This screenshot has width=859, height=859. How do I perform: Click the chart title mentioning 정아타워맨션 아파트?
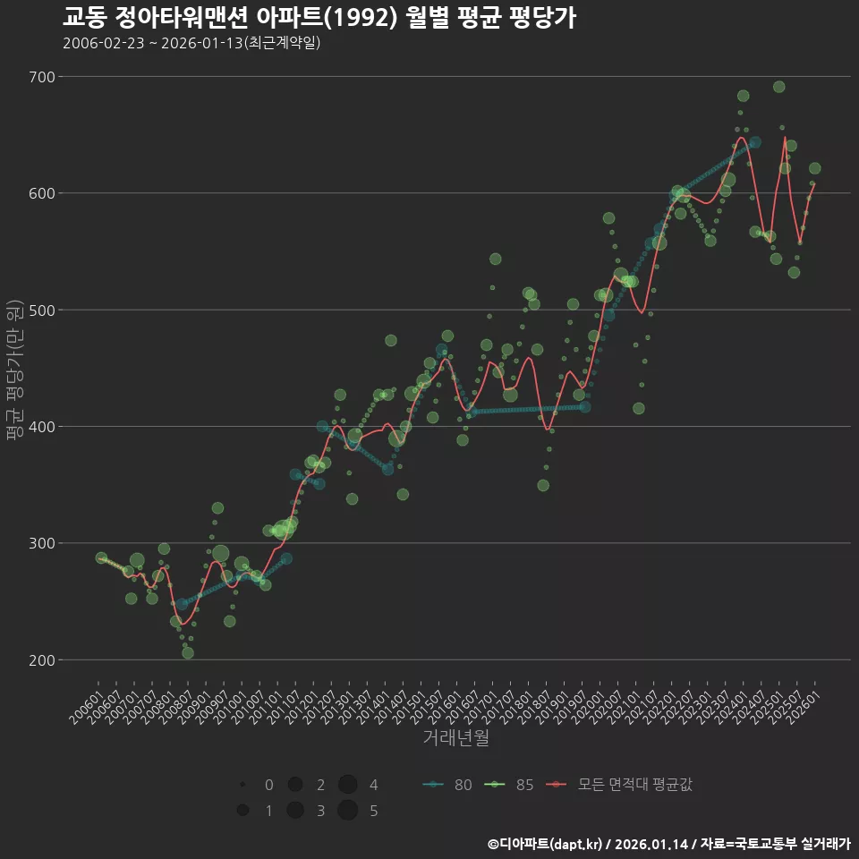coord(319,17)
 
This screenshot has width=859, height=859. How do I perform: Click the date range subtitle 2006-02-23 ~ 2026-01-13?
coord(191,43)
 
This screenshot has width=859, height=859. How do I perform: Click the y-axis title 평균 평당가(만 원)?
coord(14,369)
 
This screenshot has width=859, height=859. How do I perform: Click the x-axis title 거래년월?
coord(455,738)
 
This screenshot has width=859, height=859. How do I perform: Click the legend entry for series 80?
coord(447,785)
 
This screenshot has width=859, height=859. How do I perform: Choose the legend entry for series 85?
coord(509,785)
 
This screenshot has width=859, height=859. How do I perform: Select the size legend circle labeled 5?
coord(348,811)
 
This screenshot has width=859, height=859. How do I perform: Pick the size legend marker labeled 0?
coord(242,785)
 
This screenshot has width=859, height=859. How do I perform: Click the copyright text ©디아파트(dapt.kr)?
coord(547,844)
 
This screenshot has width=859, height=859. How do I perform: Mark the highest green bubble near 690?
coord(778,87)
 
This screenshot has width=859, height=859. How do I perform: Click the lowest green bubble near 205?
coord(187,653)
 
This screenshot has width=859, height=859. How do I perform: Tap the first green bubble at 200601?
coord(101,557)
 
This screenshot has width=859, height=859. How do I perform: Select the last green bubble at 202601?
coord(814,168)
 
